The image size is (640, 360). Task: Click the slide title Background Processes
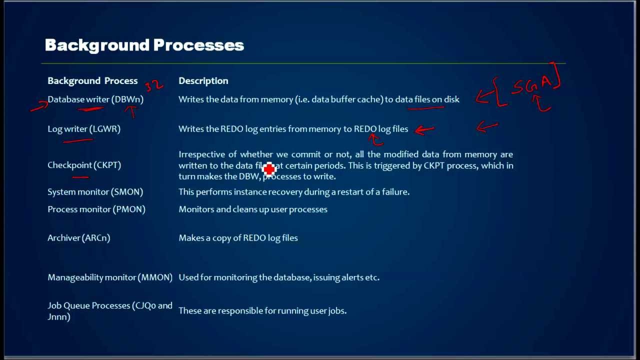[x=144, y=45]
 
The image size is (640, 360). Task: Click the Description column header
[x=203, y=81]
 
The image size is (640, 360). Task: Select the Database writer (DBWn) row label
[x=95, y=99]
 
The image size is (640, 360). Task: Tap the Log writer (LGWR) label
[x=84, y=129]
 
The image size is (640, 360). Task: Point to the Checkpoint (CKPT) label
[x=84, y=165]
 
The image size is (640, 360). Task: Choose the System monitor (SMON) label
[x=95, y=192]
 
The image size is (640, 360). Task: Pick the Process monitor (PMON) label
[x=96, y=209]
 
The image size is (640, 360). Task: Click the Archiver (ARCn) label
[x=78, y=238]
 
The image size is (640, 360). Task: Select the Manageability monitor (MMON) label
[x=110, y=277]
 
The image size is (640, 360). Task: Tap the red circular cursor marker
[x=269, y=170]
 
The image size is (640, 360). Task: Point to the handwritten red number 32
[x=154, y=85]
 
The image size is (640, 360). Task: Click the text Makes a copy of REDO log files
[x=238, y=238]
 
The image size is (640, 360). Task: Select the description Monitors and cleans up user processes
[x=253, y=209]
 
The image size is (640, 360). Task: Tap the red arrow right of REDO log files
[x=424, y=130]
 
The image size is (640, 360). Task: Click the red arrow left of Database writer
[x=38, y=105]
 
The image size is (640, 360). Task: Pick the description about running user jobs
[x=262, y=311]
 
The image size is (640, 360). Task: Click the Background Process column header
[x=92, y=81]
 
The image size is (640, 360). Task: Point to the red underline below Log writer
[x=77, y=141]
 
